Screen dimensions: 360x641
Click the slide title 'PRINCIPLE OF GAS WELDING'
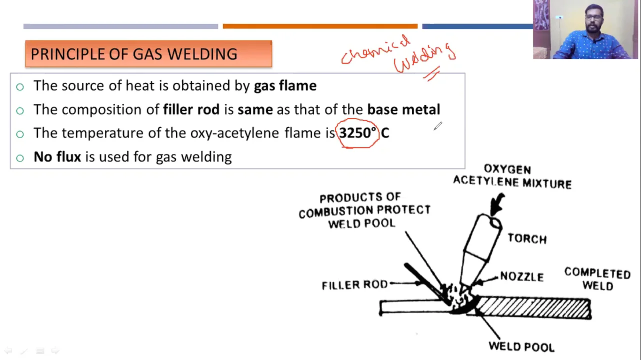[134, 54]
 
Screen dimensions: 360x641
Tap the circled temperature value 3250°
[357, 133]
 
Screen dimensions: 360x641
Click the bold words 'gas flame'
[285, 85]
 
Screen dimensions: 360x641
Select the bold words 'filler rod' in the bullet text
[191, 109]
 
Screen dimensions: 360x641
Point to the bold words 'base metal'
[403, 109]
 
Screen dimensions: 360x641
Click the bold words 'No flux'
[57, 157]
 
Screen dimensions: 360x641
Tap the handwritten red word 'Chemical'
[375, 50]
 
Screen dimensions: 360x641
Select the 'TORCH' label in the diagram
[527, 238]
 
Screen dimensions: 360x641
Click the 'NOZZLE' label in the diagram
[521, 276]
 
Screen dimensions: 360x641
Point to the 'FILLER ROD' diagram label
[354, 285]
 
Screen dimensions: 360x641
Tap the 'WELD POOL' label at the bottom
[521, 346]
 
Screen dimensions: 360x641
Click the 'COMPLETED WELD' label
[597, 279]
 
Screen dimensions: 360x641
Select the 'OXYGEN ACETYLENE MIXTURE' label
[512, 176]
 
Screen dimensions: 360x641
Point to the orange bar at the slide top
[320, 26]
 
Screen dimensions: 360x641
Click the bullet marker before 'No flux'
[20, 158]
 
